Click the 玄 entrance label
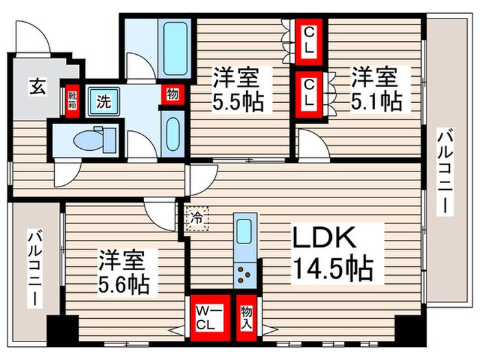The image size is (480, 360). point(37,88)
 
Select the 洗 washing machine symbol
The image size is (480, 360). point(103,102)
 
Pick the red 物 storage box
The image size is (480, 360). point(172,95)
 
